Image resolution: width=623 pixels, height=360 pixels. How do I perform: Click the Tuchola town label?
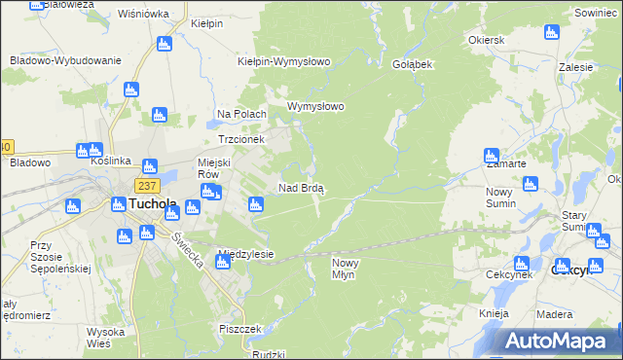pyautogui.click(x=152, y=204)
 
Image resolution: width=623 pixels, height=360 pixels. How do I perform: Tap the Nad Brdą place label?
pyautogui.click(x=302, y=187)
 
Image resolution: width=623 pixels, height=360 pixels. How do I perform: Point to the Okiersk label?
pyautogui.click(x=486, y=42)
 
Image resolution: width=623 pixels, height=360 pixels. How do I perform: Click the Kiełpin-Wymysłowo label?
pyautogui.click(x=284, y=61)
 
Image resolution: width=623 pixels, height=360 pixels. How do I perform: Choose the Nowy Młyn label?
pyautogui.click(x=349, y=269)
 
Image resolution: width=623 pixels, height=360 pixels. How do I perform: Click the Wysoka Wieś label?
pyautogui.click(x=104, y=338)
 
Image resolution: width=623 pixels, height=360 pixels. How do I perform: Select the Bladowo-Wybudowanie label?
pyautogui.click(x=65, y=60)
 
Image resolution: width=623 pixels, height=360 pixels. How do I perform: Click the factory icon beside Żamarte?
pyautogui.click(x=492, y=156)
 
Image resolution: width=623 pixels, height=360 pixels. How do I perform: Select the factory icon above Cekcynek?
pyautogui.click(x=522, y=263)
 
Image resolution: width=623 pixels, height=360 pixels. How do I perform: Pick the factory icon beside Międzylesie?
pyautogui.click(x=222, y=264)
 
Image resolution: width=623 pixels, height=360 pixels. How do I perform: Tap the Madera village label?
pyautogui.click(x=554, y=313)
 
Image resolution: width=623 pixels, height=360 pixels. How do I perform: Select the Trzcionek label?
pyautogui.click(x=240, y=139)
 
